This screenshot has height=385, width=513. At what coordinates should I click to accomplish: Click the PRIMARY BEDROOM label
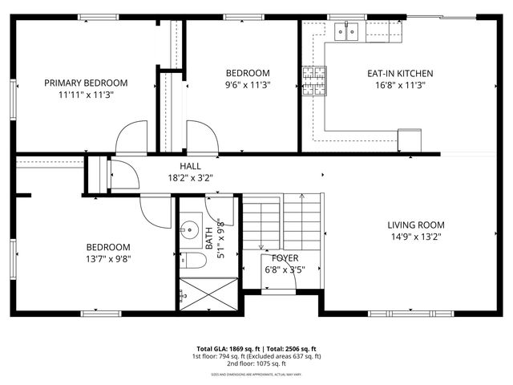click(x=86, y=83)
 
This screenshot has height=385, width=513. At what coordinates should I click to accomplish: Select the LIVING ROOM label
click(x=416, y=225)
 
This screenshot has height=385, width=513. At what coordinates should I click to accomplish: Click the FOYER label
click(x=285, y=258)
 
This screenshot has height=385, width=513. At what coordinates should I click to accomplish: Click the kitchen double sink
click(x=346, y=31)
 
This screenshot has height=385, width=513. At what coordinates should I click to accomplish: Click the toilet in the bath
click(x=190, y=260)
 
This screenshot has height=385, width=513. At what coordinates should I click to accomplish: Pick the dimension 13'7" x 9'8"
click(x=108, y=258)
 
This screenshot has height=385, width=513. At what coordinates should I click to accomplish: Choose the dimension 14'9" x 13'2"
click(x=416, y=236)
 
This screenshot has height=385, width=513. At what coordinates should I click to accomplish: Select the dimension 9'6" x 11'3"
click(x=247, y=84)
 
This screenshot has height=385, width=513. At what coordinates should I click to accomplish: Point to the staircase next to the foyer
click(x=281, y=221)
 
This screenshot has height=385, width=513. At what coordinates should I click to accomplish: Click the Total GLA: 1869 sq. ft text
click(x=219, y=349)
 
